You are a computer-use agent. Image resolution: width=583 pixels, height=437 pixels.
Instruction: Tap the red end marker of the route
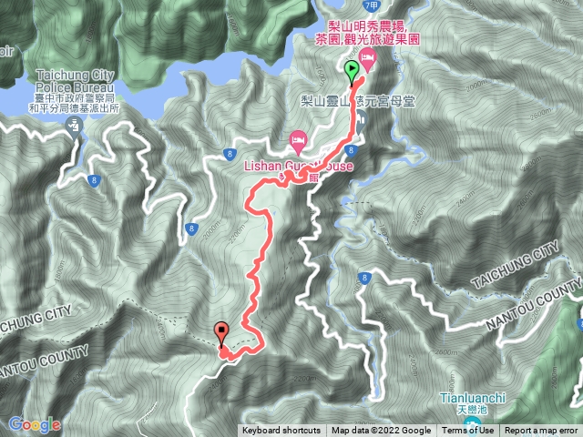pos(221,334)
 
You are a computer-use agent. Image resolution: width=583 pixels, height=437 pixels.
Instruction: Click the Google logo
pos(35,424)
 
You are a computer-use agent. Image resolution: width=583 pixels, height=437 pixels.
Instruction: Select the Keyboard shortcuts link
pos(281,431)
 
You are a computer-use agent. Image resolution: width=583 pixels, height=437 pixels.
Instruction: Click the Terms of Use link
pos(474,431)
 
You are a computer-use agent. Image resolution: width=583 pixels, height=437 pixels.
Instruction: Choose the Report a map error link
pos(542,431)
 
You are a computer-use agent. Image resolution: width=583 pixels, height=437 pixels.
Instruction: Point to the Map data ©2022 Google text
pos(381,431)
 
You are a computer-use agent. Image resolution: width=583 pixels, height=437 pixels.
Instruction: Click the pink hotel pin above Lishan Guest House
pos(297,140)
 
